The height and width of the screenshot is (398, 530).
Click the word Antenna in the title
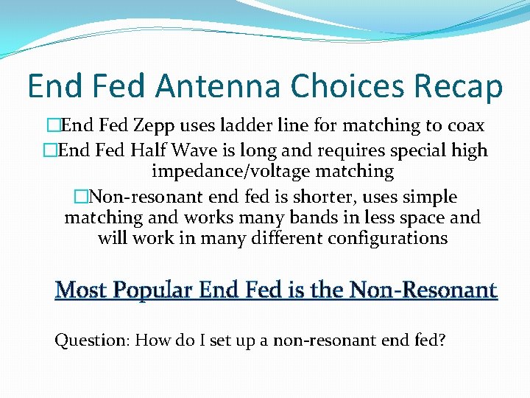[x=221, y=86]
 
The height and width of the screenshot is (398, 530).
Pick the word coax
[x=464, y=126]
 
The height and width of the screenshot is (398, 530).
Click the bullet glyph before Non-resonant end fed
[x=80, y=197]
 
